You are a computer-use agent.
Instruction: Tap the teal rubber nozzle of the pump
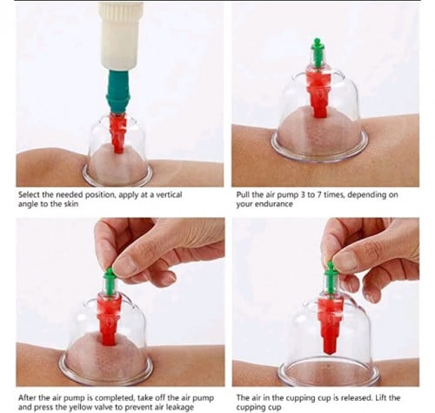(x=118, y=91)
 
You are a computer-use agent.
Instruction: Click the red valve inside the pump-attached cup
(x=118, y=133)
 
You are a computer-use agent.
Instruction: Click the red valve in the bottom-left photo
(x=109, y=319)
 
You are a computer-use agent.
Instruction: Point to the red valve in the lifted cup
(x=330, y=325)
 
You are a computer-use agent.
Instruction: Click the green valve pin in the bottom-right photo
(x=331, y=279)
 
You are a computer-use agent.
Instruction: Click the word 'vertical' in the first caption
(x=169, y=194)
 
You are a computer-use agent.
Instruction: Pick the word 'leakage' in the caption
(x=179, y=407)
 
